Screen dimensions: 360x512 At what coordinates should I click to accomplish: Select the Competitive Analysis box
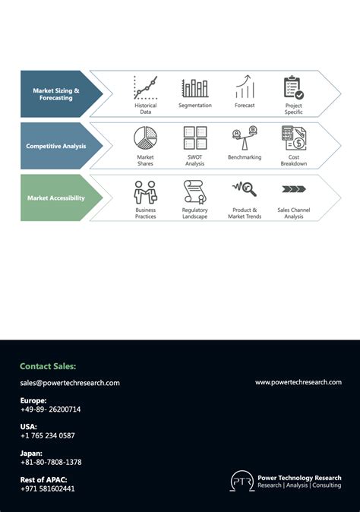56,146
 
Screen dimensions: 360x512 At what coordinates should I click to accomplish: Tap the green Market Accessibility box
56,198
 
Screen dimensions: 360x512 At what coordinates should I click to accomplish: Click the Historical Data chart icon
145,87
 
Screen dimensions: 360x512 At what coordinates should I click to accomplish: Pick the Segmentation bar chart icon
195,88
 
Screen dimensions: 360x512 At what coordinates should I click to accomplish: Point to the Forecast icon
245,87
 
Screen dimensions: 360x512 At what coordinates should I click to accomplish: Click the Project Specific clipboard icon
293,87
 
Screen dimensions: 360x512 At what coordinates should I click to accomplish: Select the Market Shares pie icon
145,138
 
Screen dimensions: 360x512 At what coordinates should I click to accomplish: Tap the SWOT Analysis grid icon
195,138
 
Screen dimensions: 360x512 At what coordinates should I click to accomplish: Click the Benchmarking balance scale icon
245,138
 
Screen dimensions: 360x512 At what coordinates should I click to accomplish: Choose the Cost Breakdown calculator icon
293,138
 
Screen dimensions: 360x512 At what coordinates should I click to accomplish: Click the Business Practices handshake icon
145,191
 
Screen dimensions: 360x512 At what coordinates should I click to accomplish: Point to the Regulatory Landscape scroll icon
195,191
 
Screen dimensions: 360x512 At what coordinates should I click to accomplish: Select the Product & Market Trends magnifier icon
245,189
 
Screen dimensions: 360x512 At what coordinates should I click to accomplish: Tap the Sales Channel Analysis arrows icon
293,189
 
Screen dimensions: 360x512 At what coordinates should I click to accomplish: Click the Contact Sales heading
48,366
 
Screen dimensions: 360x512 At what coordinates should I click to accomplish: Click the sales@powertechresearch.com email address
70,383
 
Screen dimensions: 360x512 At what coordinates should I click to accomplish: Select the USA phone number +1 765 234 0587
47,435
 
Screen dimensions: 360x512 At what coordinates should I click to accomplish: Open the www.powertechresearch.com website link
298,382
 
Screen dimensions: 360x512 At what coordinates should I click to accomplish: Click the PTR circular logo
242,482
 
